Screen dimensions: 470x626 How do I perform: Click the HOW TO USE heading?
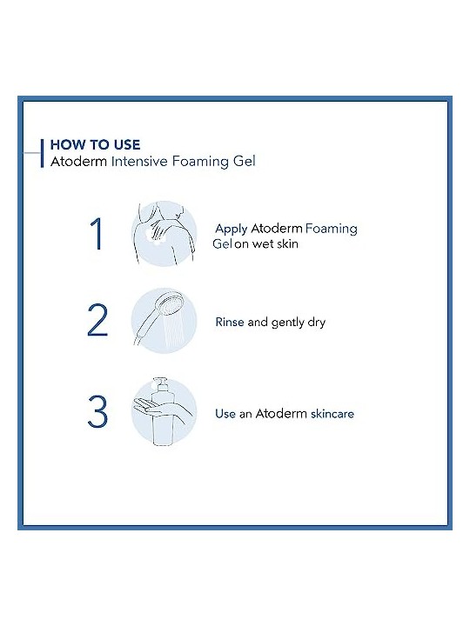(x=95, y=144)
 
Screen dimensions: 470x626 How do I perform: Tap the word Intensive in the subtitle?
(x=139, y=162)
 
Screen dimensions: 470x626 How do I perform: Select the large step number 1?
(x=97, y=234)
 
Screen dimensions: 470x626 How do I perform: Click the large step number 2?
(x=97, y=320)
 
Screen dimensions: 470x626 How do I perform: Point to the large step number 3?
(x=97, y=411)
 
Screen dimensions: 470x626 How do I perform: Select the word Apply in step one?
(x=232, y=230)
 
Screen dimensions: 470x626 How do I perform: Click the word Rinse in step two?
(x=230, y=322)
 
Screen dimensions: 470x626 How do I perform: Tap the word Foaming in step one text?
(x=332, y=230)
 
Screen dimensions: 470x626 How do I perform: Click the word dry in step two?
(x=317, y=323)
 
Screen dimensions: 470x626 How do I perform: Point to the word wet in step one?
(x=263, y=243)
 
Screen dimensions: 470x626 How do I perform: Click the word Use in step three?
(x=225, y=414)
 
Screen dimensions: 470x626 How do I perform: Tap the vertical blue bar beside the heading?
(x=42, y=153)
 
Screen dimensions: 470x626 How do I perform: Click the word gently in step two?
(x=288, y=323)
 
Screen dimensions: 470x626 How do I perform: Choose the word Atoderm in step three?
(x=281, y=414)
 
